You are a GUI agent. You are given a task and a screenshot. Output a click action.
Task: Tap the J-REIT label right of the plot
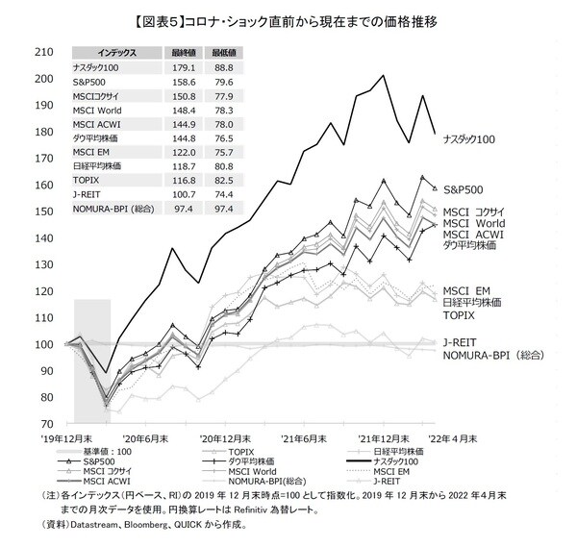click(461, 340)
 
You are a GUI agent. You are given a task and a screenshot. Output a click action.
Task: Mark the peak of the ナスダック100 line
click(384, 75)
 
